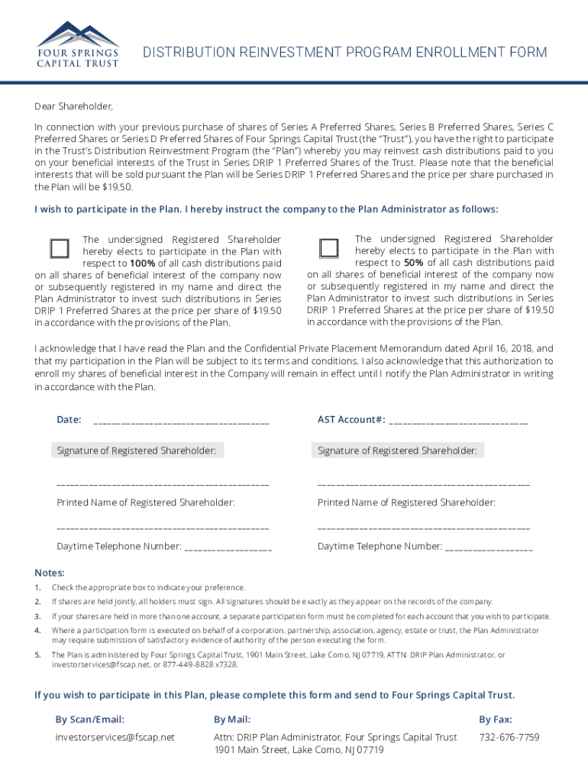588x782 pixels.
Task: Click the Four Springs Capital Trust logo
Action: coord(78,44)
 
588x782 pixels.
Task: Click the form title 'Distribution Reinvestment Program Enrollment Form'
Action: coord(345,53)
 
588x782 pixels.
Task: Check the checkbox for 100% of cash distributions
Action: coord(60,248)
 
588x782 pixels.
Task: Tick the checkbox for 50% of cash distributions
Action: coord(329,248)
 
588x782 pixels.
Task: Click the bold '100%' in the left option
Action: coord(142,263)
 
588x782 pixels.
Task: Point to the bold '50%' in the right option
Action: coord(414,263)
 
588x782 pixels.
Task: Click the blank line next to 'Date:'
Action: coord(181,420)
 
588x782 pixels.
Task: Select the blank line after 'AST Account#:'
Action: coord(458,420)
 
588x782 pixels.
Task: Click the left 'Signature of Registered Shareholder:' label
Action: coord(136,451)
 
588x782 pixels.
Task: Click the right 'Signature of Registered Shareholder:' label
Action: coord(397,451)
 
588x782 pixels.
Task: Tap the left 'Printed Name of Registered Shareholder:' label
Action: coord(146,502)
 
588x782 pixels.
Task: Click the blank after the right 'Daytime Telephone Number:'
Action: coord(489,548)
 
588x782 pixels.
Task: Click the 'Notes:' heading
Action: coord(50,573)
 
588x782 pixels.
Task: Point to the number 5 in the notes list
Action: coord(37,654)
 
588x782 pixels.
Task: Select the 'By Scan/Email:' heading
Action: coord(89,719)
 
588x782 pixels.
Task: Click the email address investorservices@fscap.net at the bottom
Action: coord(115,737)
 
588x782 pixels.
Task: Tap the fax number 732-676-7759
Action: coord(509,737)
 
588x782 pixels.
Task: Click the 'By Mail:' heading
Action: coord(232,719)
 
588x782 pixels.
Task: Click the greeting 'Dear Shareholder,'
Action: coord(73,106)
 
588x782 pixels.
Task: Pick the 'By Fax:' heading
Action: coord(495,719)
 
